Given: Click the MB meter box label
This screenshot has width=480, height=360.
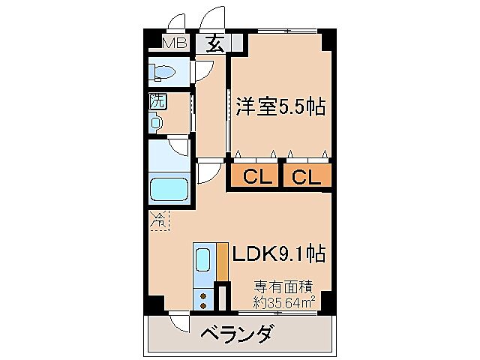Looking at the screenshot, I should click(x=175, y=43).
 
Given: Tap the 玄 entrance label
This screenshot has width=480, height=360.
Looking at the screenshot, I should click(x=214, y=43).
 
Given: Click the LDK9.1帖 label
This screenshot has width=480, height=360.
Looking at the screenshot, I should click(x=277, y=254).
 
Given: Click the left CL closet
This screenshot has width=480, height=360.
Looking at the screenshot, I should click(x=255, y=177).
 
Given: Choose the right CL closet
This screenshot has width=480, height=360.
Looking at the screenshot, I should click(x=306, y=177).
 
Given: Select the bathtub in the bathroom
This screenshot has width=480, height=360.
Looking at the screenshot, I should click(x=169, y=188).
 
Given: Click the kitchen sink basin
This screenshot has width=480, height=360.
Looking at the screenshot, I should click(x=203, y=261).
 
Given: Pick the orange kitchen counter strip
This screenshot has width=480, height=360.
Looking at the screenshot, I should click(x=221, y=261).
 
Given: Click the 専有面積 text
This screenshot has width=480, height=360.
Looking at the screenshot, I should click(x=282, y=286).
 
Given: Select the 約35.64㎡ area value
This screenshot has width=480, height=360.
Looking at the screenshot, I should click(x=283, y=301).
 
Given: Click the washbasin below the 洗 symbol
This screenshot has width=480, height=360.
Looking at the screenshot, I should click(x=156, y=121).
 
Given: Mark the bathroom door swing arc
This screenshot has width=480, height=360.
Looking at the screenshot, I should click(x=178, y=148).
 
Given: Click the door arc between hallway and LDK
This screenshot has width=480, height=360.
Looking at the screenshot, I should click(x=208, y=174).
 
